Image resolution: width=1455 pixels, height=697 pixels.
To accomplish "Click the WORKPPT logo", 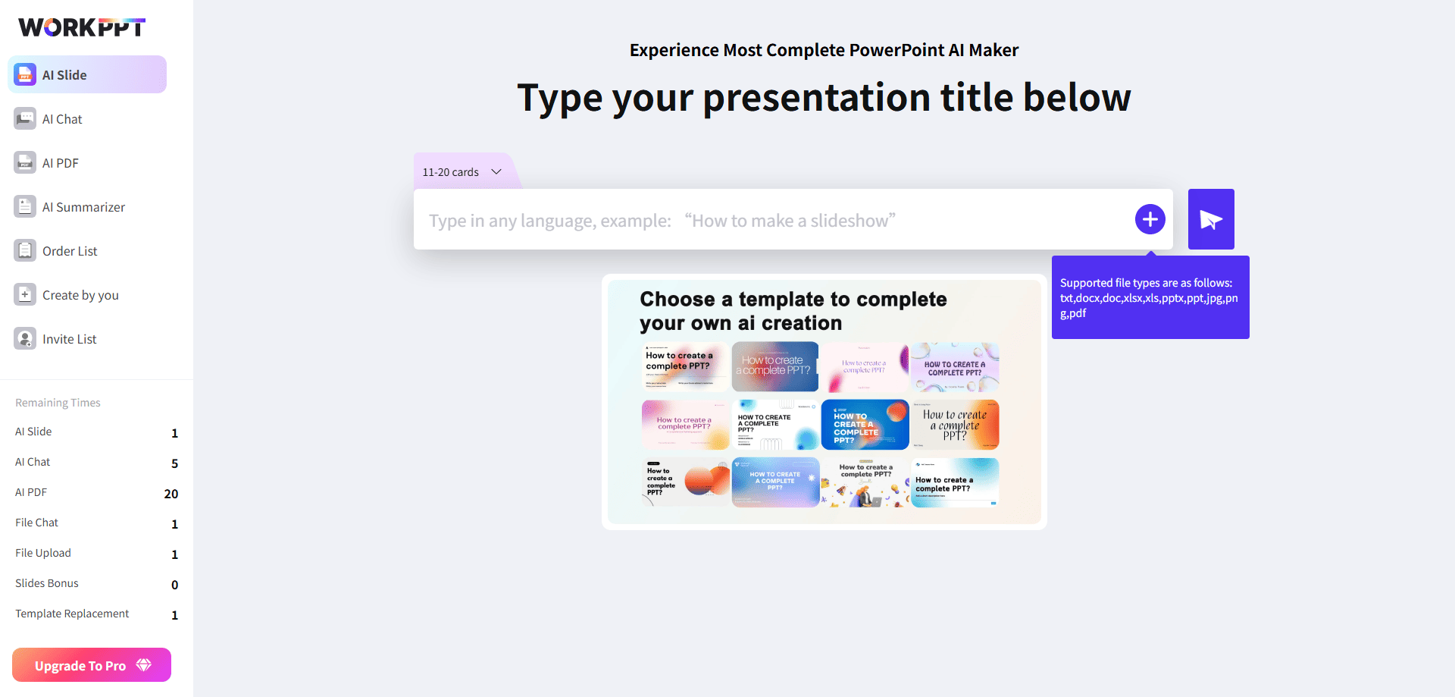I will (82, 27).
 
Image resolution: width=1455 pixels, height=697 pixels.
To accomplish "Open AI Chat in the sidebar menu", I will (62, 119).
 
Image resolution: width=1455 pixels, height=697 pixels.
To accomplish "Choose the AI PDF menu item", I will (61, 163).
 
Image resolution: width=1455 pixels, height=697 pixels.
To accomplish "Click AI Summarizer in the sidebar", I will (83, 207).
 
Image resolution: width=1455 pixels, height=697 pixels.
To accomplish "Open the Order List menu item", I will (70, 251).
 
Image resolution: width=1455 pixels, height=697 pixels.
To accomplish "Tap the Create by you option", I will (80, 295).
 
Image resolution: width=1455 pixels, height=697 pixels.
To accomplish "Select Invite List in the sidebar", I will (69, 339).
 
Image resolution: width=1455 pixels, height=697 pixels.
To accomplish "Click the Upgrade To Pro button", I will (92, 665).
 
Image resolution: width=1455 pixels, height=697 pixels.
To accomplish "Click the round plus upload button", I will (1150, 219).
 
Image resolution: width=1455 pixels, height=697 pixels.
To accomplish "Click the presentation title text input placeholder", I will (662, 221).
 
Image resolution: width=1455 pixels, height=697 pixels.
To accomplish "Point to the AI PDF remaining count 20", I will (171, 494).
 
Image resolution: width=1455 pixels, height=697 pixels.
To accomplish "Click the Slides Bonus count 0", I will (174, 585).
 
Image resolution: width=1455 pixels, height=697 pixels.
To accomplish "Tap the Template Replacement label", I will (72, 614).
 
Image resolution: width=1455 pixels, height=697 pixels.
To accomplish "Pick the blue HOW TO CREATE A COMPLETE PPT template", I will (865, 425).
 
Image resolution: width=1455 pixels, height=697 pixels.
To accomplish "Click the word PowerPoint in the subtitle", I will (896, 50).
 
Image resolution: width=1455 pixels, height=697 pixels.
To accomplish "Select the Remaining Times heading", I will (58, 403).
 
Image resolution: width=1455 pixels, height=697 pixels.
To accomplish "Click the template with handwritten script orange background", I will (955, 425).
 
